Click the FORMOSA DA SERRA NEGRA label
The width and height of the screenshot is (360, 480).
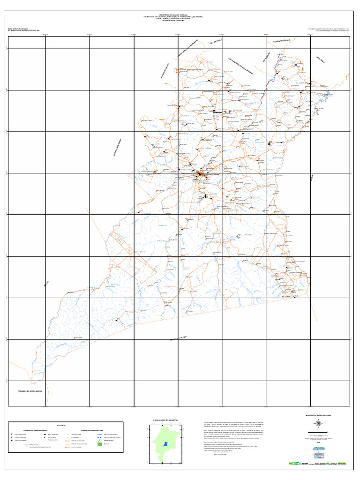click(x=30, y=390)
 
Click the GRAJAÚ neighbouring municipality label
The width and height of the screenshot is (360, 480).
click(x=46, y=285)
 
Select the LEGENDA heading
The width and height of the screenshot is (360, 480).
click(x=62, y=426)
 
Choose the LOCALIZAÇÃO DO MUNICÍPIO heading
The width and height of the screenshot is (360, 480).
click(x=166, y=420)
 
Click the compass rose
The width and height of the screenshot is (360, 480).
click(x=318, y=424)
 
